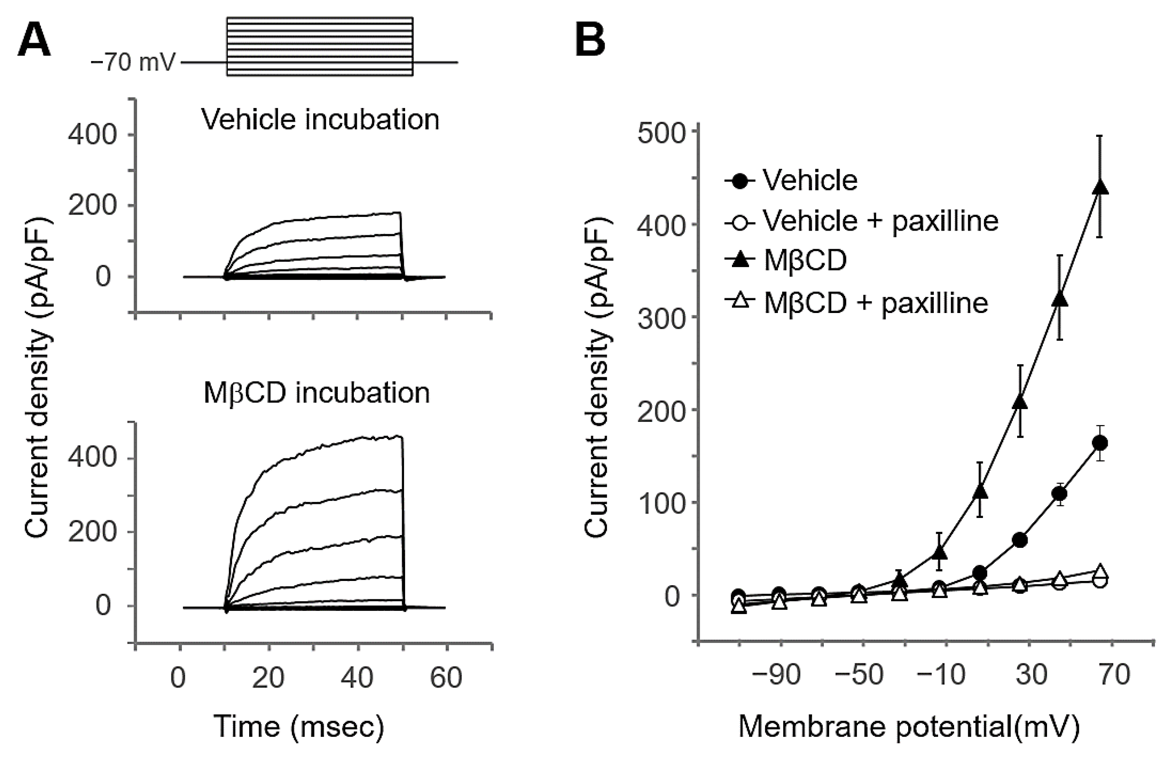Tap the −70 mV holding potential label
[x=133, y=63]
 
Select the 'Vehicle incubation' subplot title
[x=320, y=120]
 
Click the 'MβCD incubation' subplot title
[x=316, y=393]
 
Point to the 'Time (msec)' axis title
[x=298, y=726]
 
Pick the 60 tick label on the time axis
[x=446, y=678]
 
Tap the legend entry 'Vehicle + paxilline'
[x=880, y=221]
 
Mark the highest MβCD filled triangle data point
[x=1100, y=188]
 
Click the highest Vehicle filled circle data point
[x=1100, y=443]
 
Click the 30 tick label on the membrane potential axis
[x=1031, y=674]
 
